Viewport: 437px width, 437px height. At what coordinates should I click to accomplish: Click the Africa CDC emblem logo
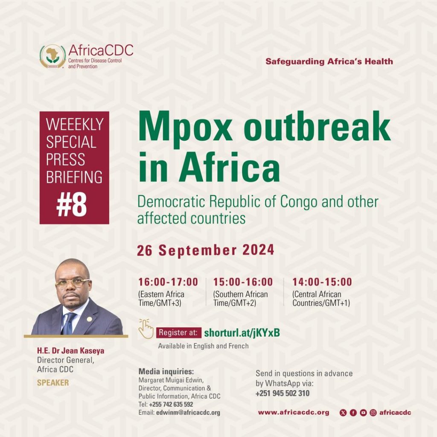coord(52,57)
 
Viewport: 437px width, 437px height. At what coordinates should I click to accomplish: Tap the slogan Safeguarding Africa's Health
coord(329,61)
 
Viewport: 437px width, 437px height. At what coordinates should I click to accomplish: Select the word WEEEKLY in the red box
coord(75,124)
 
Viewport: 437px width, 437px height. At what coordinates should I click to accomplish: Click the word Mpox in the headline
coord(185,127)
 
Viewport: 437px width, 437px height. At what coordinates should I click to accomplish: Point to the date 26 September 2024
coord(205,250)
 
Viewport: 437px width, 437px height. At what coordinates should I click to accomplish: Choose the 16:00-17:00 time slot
coord(168,282)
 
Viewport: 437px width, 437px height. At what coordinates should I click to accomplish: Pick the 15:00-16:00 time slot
coord(243,282)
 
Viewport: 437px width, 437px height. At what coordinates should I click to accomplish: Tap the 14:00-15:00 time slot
coord(322,282)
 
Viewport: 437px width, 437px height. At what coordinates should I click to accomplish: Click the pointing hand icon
coord(146,329)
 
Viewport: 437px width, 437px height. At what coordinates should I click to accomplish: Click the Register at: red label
coord(179,333)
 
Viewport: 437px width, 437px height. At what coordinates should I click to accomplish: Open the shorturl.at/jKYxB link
coord(242,333)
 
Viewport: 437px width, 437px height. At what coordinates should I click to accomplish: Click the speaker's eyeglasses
coord(73,283)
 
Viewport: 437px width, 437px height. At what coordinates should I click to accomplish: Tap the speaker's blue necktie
coord(68,323)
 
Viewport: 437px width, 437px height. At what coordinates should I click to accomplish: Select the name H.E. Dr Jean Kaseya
coord(70,350)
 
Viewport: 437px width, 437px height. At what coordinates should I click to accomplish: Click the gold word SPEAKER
coord(53,383)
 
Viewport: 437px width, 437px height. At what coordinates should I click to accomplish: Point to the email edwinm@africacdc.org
coord(188,413)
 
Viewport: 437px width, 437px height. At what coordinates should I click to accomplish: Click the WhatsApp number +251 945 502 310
coord(283,393)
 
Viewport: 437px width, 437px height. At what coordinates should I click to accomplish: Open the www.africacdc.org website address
coord(294,413)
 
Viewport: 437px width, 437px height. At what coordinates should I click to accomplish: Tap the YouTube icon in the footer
coord(363,413)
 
